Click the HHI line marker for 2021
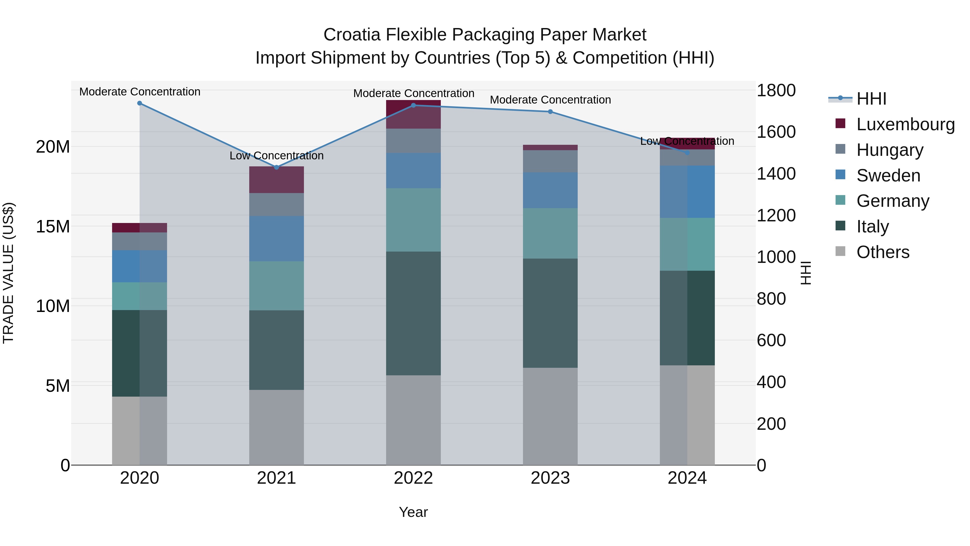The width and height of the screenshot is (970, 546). click(x=276, y=167)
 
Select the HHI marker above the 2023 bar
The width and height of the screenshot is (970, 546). click(x=550, y=112)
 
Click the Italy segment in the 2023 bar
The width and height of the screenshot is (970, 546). click(x=550, y=313)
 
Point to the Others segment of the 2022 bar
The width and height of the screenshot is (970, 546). click(x=413, y=420)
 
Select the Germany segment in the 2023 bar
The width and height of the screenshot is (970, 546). click(x=550, y=233)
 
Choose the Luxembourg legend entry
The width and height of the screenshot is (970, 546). click(x=905, y=124)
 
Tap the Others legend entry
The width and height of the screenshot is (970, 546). click(x=883, y=252)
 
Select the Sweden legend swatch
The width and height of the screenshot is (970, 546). click(x=840, y=175)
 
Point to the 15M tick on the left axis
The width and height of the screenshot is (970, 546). click(x=53, y=226)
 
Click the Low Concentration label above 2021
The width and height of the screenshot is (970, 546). click(x=276, y=156)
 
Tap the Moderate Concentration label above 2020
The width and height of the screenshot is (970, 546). click(x=140, y=92)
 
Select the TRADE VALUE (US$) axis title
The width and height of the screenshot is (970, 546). click(x=8, y=273)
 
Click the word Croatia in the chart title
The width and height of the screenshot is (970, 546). click(x=352, y=35)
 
